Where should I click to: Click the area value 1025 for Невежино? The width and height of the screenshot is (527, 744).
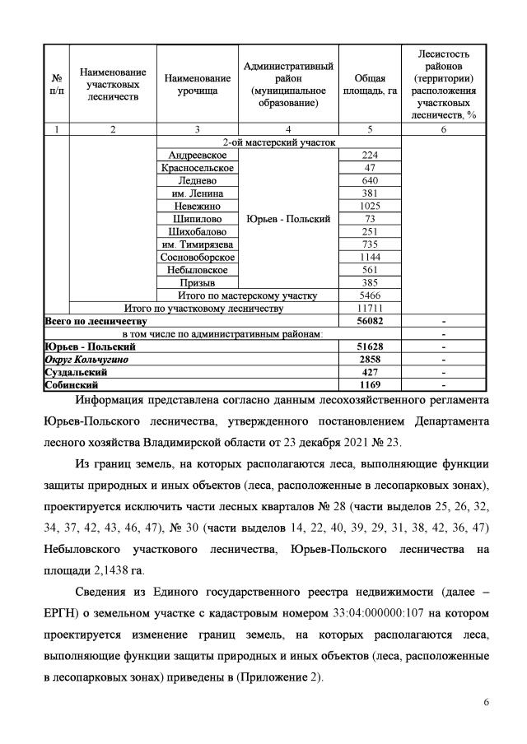pos(369,206)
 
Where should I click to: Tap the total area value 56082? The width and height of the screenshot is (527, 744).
pos(369,321)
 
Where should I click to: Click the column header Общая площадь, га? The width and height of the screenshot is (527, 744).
pos(369,84)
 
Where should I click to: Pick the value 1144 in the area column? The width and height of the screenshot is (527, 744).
pos(369,257)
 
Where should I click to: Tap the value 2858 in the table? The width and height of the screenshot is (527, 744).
pos(369,360)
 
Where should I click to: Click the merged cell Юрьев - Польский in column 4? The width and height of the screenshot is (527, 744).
pos(288,219)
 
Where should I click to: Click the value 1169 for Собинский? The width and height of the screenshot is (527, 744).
pos(369,384)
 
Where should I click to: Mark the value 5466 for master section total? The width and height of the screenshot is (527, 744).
pos(369,295)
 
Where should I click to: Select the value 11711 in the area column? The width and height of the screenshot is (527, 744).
pos(369,308)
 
